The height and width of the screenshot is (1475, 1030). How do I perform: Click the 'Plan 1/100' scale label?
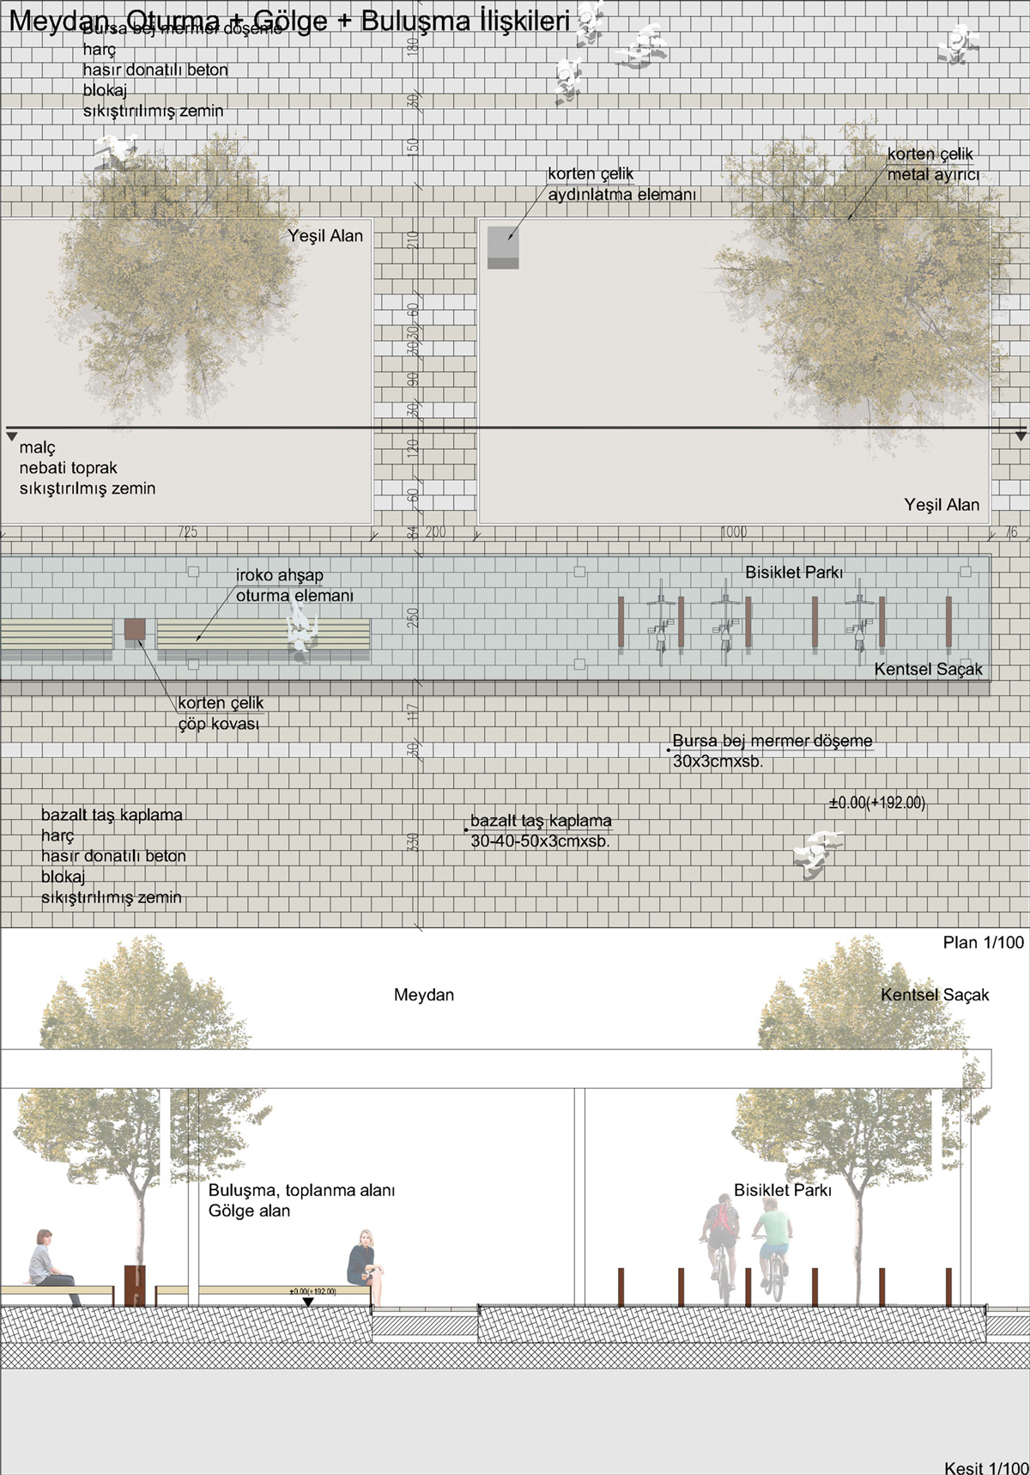coord(983,943)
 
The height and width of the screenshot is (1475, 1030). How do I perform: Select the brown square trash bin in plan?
coord(135,629)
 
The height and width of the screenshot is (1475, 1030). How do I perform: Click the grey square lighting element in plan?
coord(503,247)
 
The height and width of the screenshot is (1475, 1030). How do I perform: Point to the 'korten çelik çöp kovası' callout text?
coord(220,713)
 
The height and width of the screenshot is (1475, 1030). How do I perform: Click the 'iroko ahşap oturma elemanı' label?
coord(294,586)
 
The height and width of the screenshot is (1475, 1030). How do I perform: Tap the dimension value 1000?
coord(733,532)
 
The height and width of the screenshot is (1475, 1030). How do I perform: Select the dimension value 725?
coord(187,532)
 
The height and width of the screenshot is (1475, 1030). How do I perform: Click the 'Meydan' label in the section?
coord(424,995)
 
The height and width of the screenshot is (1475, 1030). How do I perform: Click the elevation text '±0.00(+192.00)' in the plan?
coord(876,804)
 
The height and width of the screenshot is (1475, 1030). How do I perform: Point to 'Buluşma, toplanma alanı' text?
coord(301,1191)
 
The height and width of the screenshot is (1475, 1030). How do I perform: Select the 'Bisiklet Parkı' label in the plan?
coord(794,573)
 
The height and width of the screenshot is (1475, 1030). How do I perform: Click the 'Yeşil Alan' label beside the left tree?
coord(325,236)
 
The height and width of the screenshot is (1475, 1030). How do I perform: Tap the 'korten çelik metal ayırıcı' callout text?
coord(933,164)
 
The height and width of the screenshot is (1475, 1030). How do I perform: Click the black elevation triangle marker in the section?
coord(308,1302)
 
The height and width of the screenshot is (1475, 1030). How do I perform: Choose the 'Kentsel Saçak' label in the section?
coord(935,995)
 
